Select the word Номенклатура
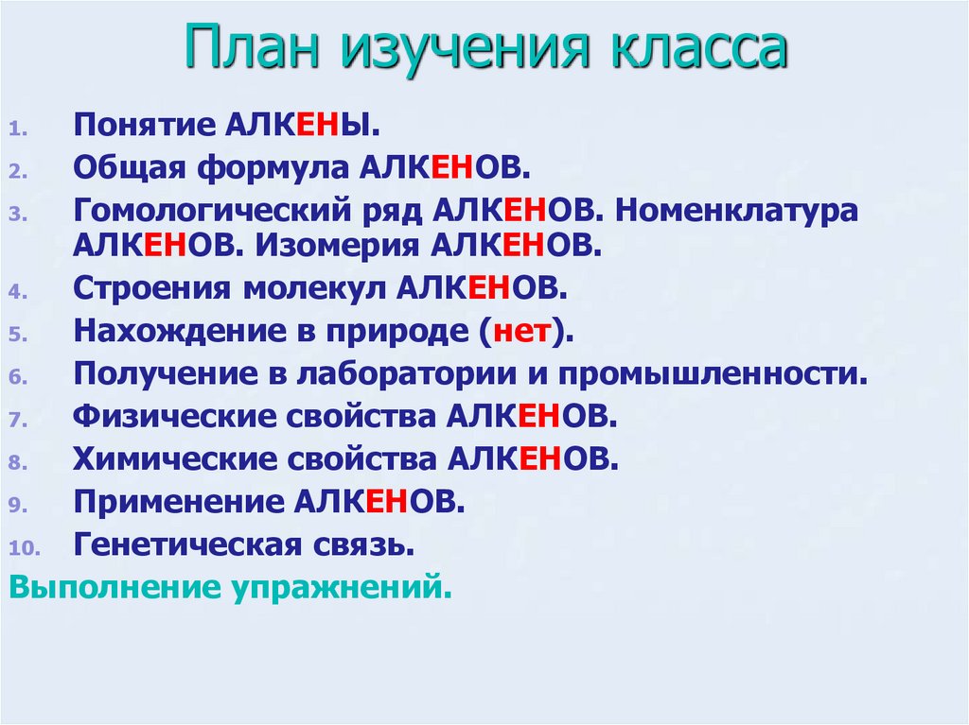pos(737,210)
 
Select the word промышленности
pos(709,373)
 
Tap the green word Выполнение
pos(113,588)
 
